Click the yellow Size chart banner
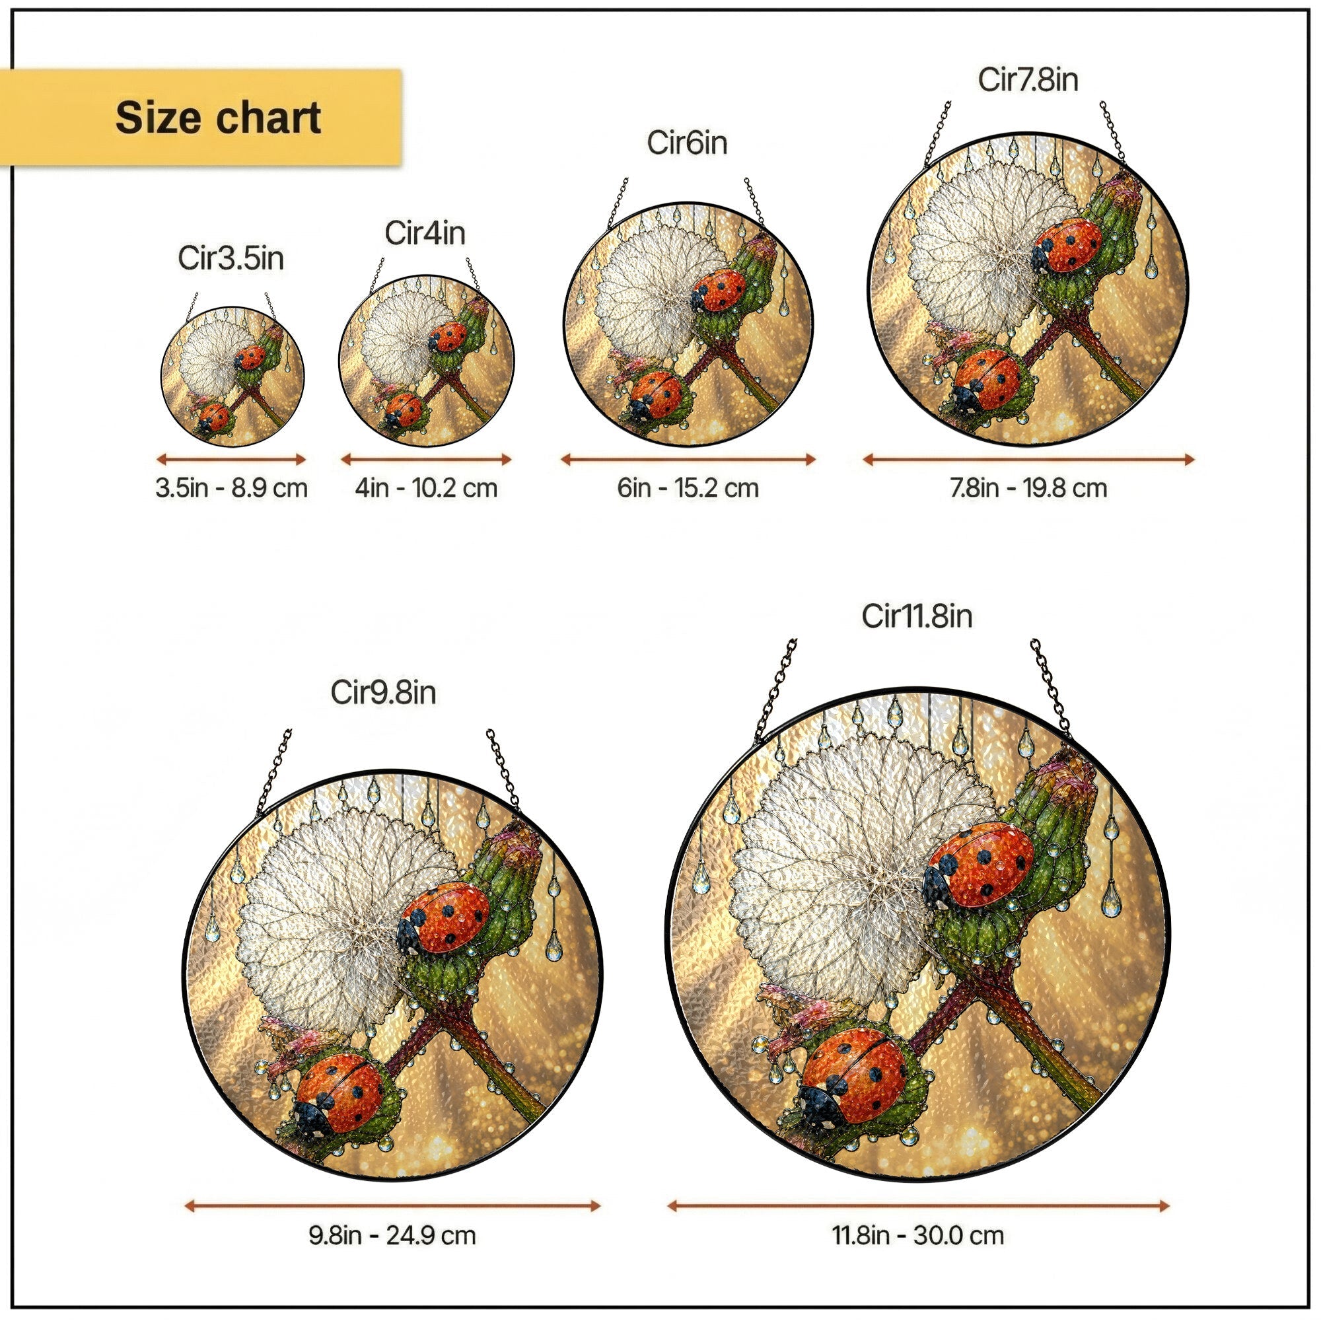point(200,117)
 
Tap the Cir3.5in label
point(231,258)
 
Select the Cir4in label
point(425,233)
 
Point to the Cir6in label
point(686,143)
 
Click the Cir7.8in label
point(1028,79)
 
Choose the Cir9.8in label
point(383,693)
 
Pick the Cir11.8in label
point(916,616)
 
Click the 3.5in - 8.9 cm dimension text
point(231,488)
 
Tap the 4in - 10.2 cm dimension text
point(426,488)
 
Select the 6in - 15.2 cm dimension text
point(688,488)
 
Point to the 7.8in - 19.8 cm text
point(1028,488)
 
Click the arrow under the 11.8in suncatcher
point(918,1205)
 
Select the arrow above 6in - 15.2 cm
point(688,460)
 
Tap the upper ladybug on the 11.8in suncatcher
point(978,868)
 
